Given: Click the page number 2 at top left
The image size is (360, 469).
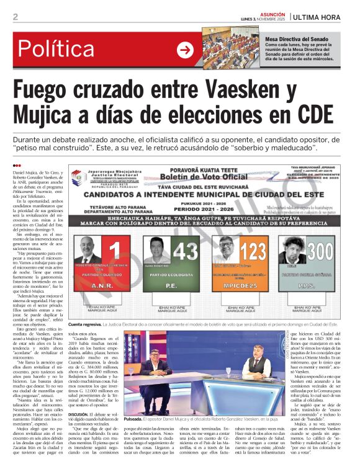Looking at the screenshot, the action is (x=16, y=17).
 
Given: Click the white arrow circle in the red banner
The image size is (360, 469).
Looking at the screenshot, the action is (x=185, y=51).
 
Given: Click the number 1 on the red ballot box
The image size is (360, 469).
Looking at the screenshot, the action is (x=114, y=251).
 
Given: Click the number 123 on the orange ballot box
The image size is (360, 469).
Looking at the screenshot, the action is (x=253, y=251).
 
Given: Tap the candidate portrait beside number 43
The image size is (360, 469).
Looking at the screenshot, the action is (x=159, y=249).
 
